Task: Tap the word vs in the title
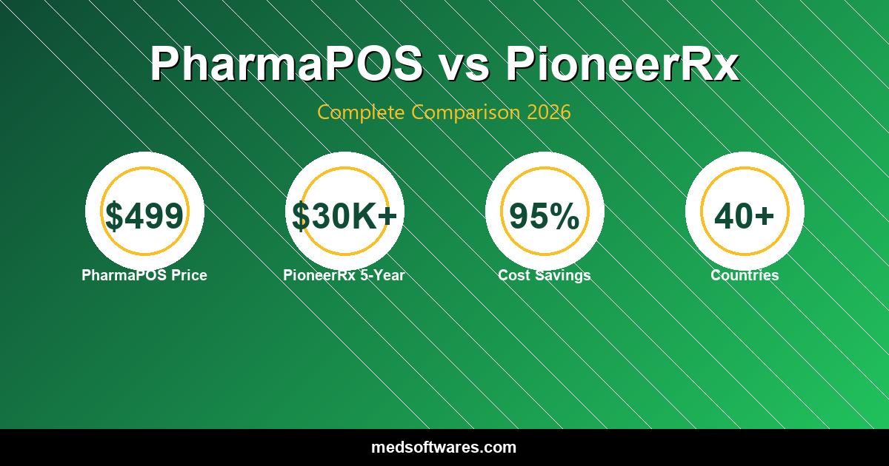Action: (465, 64)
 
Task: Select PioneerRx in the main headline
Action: (622, 64)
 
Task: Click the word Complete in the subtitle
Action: (362, 112)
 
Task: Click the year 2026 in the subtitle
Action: (549, 112)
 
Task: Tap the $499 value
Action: (144, 216)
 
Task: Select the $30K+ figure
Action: (344, 216)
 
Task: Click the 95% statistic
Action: (545, 216)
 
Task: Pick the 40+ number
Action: (745, 216)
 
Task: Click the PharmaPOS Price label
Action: (144, 275)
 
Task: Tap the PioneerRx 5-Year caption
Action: (344, 275)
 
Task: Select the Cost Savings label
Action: (545, 275)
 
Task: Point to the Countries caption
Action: (745, 275)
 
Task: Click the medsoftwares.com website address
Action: (444, 448)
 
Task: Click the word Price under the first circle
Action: (189, 275)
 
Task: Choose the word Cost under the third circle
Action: (512, 275)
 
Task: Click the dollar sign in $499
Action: (114, 216)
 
